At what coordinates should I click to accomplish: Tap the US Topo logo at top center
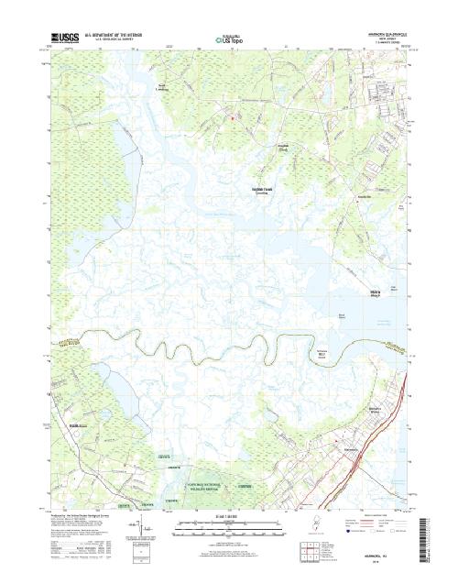(229, 40)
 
